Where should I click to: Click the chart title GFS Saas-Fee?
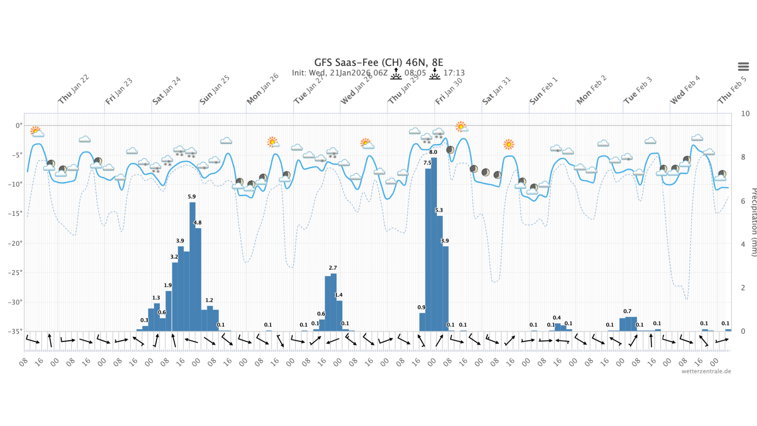pos(378,62)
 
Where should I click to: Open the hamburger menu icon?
pos(743,67)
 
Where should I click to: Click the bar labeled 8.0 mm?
pos(434,242)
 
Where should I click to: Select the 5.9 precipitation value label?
pos(192,197)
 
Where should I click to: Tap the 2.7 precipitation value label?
pos(333,268)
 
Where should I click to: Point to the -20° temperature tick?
pos(15,243)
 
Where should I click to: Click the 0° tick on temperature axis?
pos(19,125)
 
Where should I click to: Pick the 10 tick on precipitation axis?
pos(745,114)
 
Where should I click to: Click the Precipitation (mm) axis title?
pos(754,222)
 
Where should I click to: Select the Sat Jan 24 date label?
pos(167,91)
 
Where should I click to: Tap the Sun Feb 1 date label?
pos(543,91)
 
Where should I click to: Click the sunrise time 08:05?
pos(415,73)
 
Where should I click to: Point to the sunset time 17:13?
pos(454,73)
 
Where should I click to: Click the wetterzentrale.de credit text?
pos(706,371)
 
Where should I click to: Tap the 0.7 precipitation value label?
pos(627,311)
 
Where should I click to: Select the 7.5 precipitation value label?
pos(427,163)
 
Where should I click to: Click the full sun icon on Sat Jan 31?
pos(509,144)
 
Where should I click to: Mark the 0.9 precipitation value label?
pos(421,307)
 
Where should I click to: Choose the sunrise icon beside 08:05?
pos(396,73)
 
